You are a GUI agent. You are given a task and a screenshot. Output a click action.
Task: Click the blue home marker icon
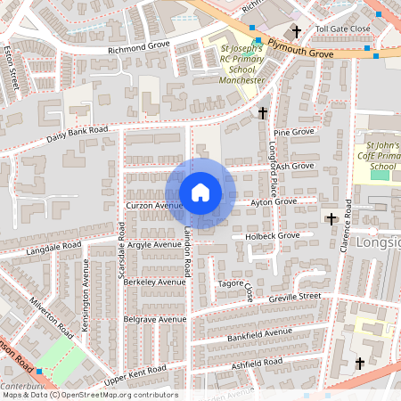tap(200, 192)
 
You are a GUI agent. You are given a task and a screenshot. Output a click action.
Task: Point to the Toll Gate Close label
tap(342, 29)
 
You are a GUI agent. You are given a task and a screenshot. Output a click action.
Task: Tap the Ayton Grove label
tap(273, 201)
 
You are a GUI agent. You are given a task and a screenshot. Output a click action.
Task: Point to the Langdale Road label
tap(53, 244)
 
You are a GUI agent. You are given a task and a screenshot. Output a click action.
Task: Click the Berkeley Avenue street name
tap(154, 281)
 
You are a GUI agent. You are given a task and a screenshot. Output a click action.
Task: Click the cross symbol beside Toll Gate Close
tap(296, 30)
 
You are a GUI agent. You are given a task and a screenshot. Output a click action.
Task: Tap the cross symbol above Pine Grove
tap(262, 113)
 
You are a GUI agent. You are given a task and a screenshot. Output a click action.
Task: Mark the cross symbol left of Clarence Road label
tap(331, 217)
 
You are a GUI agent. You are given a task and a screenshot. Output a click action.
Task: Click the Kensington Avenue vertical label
tap(86, 287)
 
